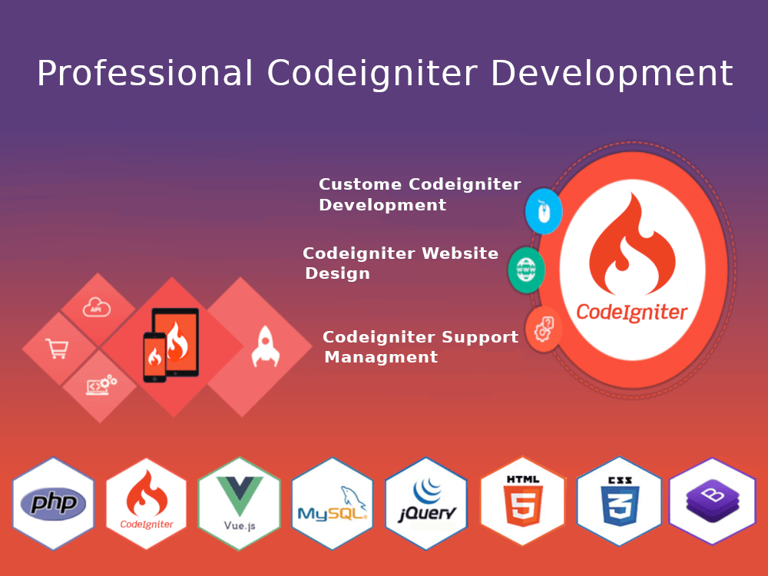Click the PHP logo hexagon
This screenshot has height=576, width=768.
coord(54,503)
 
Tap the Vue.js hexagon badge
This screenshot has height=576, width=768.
coord(239,503)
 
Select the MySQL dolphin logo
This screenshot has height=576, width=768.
coord(333,503)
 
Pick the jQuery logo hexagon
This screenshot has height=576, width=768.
coord(426,503)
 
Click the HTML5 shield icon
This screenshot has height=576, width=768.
coord(522,503)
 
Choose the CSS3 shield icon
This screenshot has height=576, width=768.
coord(619,503)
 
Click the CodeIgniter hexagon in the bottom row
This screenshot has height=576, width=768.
coord(146,503)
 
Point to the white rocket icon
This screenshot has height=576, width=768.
coord(265,346)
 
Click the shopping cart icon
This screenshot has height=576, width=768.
coord(57,349)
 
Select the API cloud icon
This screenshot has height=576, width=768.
coord(97,308)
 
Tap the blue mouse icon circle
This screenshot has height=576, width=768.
coord(544,211)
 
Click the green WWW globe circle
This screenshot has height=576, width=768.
coord(527,270)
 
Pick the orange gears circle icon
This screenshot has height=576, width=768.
coord(544,329)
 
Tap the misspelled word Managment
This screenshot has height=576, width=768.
coord(381,357)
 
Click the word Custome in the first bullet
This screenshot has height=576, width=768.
coord(360,184)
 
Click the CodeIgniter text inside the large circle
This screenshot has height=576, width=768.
coord(631,312)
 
